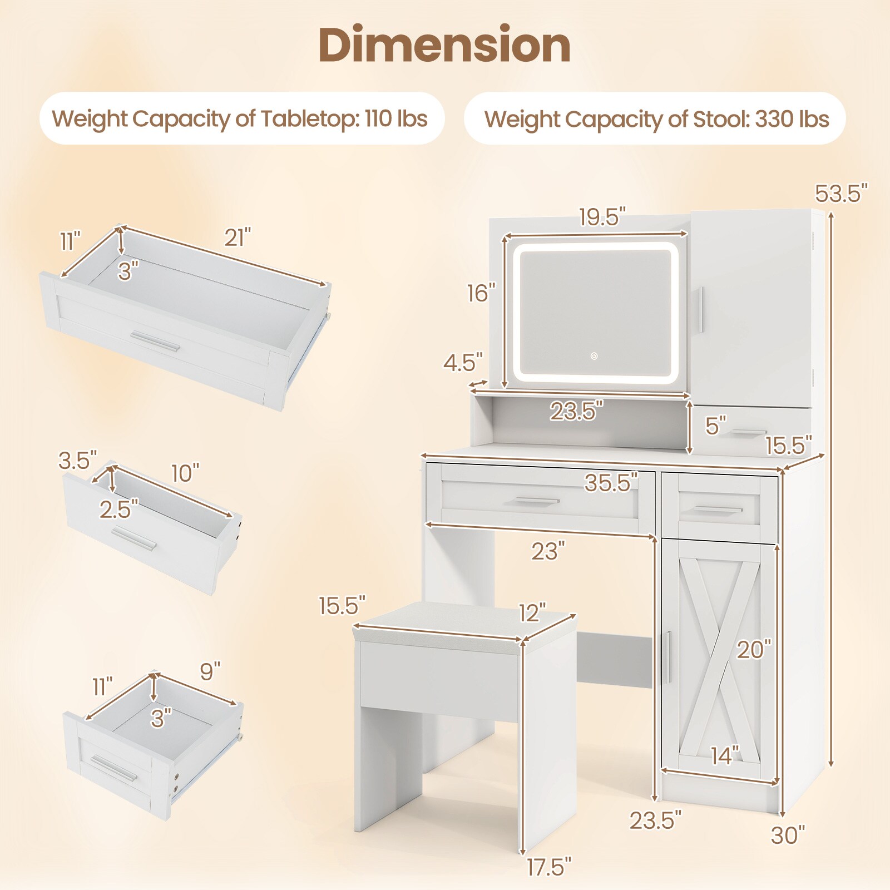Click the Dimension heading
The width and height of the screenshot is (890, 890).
tap(444, 46)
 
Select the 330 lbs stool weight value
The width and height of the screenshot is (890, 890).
tap(792, 119)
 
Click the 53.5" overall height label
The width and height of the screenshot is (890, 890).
tap(840, 194)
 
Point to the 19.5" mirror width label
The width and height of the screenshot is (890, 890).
tap(602, 217)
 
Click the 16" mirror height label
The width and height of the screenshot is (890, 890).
tap(481, 293)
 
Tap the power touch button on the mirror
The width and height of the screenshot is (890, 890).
tap(594, 356)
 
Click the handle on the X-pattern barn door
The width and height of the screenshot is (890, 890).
tap(668, 657)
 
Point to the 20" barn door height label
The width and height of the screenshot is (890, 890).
tap(754, 649)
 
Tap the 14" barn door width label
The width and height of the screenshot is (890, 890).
tap(725, 755)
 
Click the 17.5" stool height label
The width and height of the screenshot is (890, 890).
tap(548, 867)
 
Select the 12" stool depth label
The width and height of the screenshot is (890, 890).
tap(532, 612)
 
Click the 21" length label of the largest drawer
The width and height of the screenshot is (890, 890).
tap(238, 238)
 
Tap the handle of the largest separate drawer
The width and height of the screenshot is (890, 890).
tap(156, 340)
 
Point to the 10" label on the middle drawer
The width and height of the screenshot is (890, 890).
tap(185, 473)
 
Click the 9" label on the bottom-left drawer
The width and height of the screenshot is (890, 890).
tap(210, 671)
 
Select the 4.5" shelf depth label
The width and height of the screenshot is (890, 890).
tap(463, 363)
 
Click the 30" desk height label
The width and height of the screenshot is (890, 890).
tap(788, 835)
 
